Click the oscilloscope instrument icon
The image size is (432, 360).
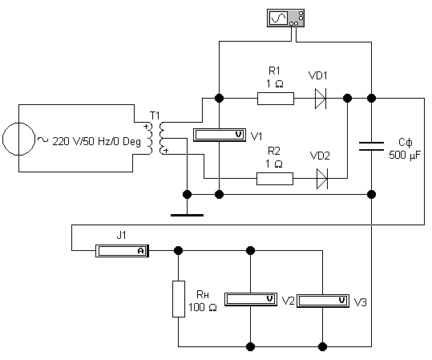click(285, 18)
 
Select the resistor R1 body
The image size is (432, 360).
click(276, 99)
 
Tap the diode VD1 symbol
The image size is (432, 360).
click(321, 99)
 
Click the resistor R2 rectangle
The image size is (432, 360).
click(275, 179)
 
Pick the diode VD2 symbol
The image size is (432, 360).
click(322, 179)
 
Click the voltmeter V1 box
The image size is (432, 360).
click(220, 135)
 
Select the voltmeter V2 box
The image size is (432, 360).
click(251, 299)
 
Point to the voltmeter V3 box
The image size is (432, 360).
click(323, 301)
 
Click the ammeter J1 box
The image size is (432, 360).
click(122, 251)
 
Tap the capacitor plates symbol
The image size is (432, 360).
click(371, 146)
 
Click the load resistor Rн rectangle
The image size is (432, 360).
click(179, 299)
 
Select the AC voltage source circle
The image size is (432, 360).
click(18, 139)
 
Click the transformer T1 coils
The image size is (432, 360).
click(155, 138)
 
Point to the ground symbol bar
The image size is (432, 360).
click(187, 215)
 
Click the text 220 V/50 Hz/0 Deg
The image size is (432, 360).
click(96, 141)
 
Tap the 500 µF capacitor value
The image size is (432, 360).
click(405, 156)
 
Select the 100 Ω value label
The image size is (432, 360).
click(203, 307)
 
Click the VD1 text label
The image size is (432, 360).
click(317, 75)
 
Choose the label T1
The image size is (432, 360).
click(155, 115)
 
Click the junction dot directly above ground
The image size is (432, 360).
click(187, 194)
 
